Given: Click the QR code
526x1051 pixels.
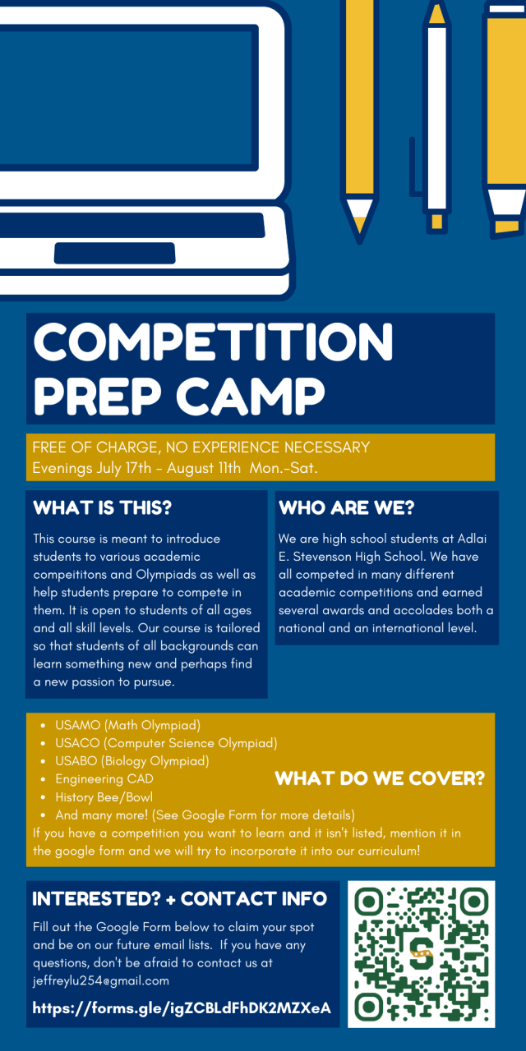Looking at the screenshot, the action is [x=422, y=954].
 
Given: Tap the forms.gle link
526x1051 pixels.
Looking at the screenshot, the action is [x=182, y=1007].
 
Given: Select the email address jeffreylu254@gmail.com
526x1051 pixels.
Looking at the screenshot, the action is [x=101, y=980].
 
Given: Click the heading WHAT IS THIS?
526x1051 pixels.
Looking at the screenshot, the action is [x=103, y=507].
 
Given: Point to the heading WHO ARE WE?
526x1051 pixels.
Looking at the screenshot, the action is [x=347, y=507].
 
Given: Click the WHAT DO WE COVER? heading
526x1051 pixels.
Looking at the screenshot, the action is [x=380, y=778].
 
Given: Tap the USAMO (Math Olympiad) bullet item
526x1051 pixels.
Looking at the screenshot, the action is [x=127, y=725].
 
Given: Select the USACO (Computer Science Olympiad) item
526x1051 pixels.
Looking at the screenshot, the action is [x=166, y=743].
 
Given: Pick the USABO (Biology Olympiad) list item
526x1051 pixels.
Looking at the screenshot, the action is [x=132, y=761].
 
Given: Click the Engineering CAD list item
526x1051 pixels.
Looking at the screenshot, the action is [x=104, y=779].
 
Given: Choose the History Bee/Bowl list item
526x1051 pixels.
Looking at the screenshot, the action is [x=104, y=797].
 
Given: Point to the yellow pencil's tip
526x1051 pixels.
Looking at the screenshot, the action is [x=360, y=241].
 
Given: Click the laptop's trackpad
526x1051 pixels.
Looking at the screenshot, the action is [x=114, y=254].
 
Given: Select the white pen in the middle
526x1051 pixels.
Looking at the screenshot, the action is [x=436, y=117].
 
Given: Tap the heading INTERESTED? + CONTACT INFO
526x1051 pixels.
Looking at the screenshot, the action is [x=179, y=899].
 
